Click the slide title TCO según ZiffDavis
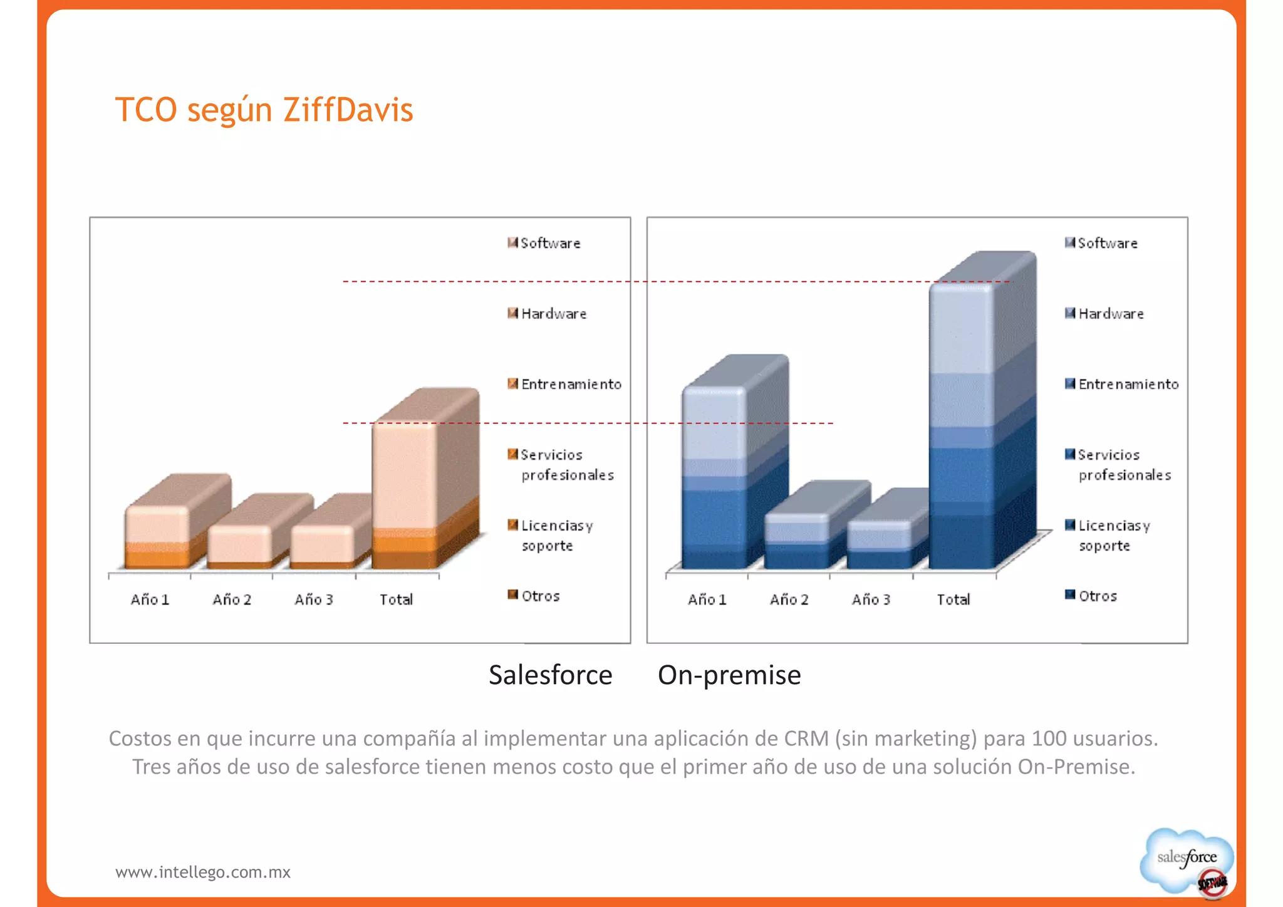click(264, 110)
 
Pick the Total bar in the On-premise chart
click(962, 426)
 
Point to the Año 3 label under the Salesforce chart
click(313, 599)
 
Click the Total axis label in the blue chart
click(953, 599)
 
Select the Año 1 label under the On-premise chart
click(707, 599)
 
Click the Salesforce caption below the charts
click(550, 675)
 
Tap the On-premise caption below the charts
click(729, 675)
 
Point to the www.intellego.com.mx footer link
click(202, 872)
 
